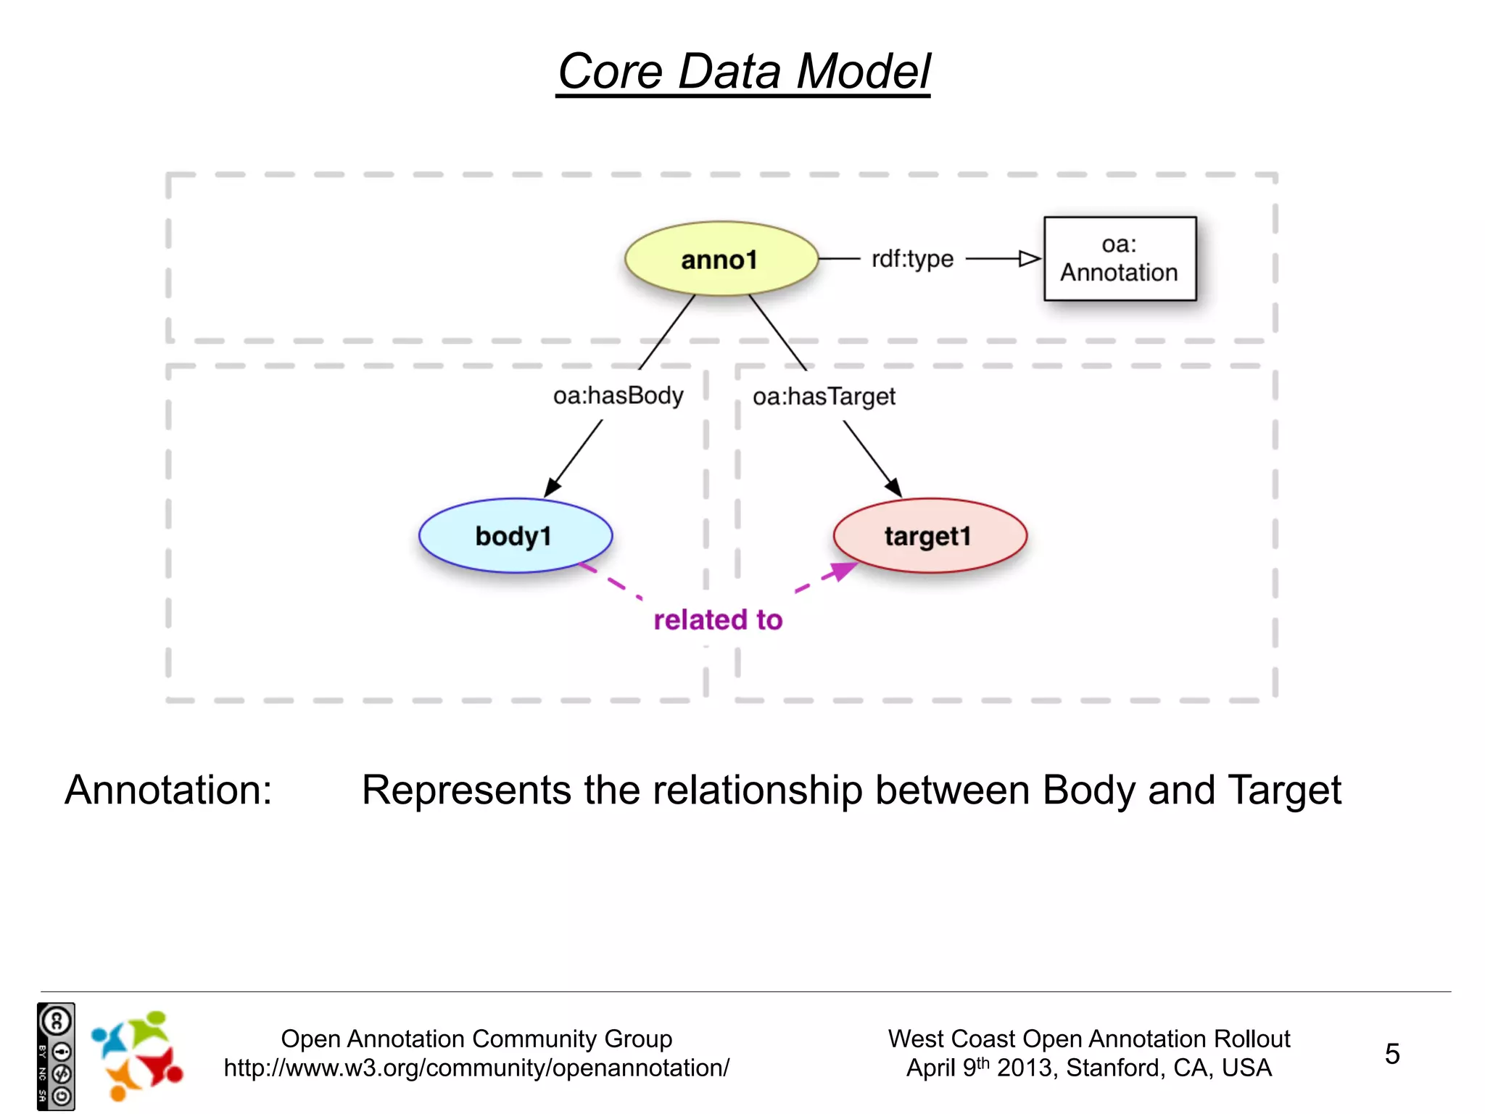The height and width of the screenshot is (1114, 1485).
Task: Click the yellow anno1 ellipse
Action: coord(721,259)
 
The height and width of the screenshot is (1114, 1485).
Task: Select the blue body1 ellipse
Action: coord(515,536)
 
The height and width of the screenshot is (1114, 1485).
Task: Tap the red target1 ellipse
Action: coord(930,536)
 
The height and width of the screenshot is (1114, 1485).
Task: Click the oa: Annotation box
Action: coord(1120,259)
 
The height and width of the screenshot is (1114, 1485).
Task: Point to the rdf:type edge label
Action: coord(912,259)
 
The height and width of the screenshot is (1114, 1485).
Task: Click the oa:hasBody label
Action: coord(618,396)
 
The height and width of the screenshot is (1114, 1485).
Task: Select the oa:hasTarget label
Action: coord(824,397)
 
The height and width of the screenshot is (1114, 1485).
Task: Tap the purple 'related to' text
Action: coord(718,620)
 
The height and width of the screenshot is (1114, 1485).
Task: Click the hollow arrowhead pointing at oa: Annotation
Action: coord(1029,259)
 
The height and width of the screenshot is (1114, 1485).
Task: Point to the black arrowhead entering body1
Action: coord(553,487)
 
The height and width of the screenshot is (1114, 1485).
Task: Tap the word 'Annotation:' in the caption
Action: coord(168,790)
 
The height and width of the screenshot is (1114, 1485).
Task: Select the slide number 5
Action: coord(1391,1054)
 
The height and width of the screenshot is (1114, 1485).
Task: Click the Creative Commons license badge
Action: coord(56,1056)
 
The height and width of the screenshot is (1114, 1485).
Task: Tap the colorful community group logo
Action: coord(137,1056)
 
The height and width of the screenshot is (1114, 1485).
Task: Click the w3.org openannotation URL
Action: coord(476,1068)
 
